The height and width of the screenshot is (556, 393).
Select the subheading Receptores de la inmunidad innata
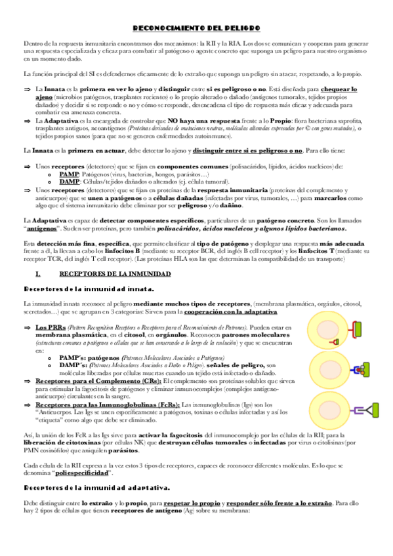pyautogui.click(x=89, y=288)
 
